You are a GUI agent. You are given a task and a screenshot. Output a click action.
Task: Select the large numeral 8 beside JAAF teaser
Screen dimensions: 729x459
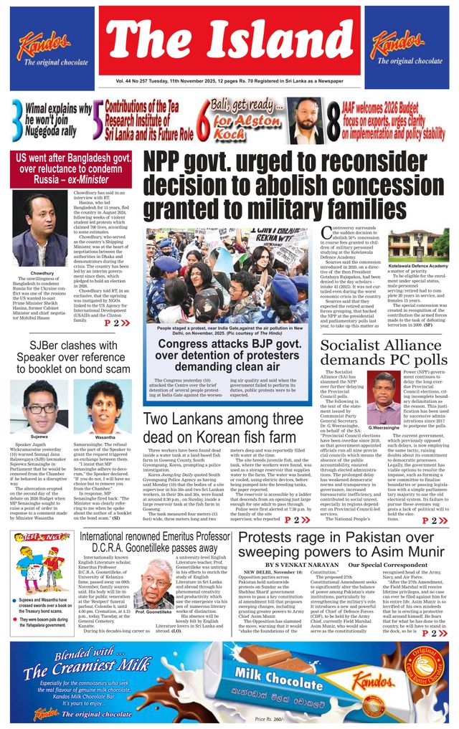333,120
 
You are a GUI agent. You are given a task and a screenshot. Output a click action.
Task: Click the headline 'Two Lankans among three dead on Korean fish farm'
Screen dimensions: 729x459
229,427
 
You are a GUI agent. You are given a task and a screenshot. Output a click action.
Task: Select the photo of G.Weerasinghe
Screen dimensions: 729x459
384,396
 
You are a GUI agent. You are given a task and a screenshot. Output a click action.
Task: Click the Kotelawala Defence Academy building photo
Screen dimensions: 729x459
428,245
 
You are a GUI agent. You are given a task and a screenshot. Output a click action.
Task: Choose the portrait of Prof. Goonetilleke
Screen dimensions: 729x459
152,583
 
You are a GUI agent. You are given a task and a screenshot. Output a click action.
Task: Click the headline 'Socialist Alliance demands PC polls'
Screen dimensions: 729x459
384,351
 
